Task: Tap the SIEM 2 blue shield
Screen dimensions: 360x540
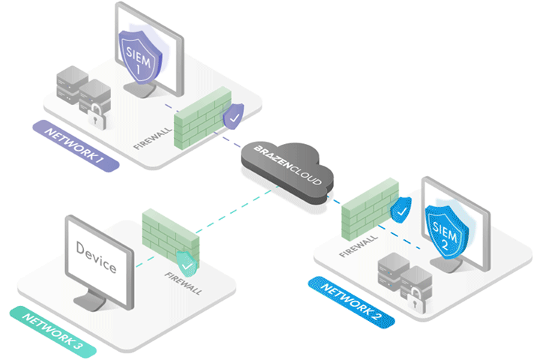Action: point(445,224)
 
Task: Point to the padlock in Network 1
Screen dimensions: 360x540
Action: point(97,115)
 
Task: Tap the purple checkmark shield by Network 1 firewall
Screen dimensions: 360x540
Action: point(234,117)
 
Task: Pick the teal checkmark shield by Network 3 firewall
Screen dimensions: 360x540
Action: point(186,262)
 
